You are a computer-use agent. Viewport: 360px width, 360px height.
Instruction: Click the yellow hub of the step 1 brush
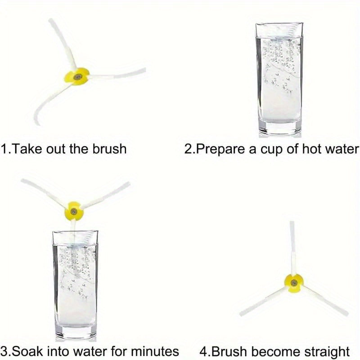coord(76,76)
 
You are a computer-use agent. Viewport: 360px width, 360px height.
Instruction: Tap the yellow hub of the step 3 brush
coord(74,211)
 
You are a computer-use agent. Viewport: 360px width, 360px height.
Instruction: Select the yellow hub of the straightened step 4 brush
coord(294,283)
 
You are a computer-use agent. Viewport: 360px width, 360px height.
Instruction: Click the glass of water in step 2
coord(279,79)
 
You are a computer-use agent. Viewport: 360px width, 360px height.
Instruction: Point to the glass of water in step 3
coord(76,285)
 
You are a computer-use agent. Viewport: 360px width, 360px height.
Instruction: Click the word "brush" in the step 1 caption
coord(109,149)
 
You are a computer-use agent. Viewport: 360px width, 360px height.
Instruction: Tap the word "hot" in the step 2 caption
coord(312,149)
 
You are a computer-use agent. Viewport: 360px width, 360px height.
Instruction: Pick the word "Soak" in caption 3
coord(27,351)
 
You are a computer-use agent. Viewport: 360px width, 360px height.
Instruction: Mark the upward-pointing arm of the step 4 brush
coord(293,247)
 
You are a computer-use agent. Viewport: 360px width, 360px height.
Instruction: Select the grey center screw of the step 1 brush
coord(77,77)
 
